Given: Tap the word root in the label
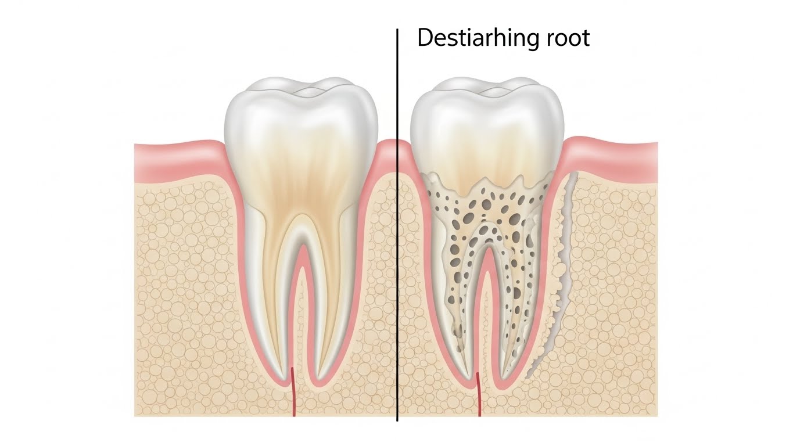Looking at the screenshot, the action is pyautogui.click(x=568, y=38).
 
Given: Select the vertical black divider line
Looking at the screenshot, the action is pyautogui.click(x=397, y=232).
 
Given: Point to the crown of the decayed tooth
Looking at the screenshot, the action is pyautogui.click(x=487, y=122).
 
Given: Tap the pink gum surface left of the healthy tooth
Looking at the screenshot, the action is pyautogui.click(x=174, y=157).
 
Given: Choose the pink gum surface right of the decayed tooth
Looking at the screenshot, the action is pyautogui.click(x=616, y=154).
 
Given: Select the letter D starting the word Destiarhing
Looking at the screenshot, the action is pyautogui.click(x=425, y=38).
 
